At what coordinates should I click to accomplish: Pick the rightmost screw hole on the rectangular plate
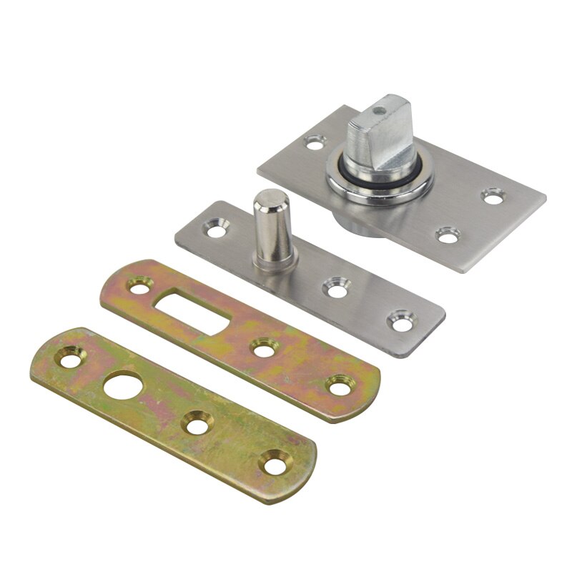[x=492, y=194]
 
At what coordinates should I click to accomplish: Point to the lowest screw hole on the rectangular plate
[x=448, y=233]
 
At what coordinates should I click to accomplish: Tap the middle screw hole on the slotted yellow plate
[x=262, y=349]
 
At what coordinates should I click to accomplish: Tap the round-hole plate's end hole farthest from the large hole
[x=274, y=463]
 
